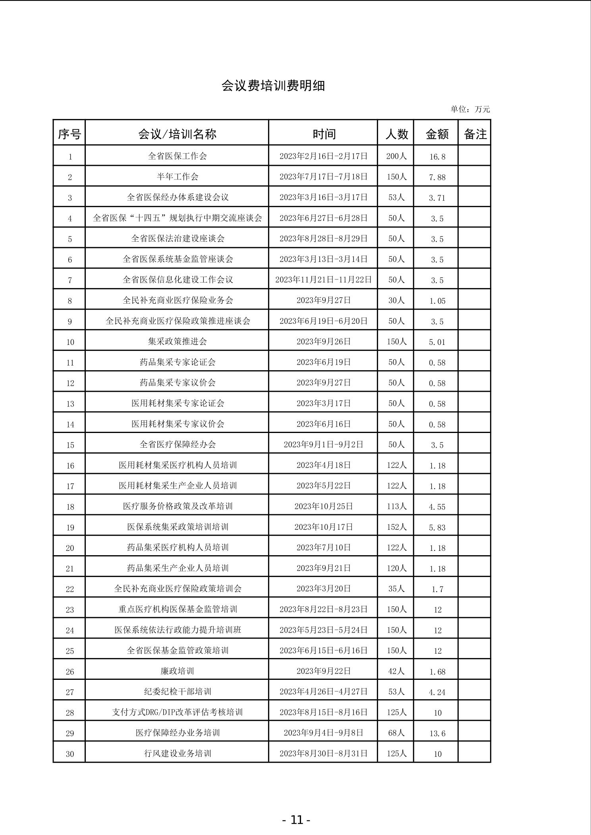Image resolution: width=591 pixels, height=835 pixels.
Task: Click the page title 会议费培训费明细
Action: click(273, 86)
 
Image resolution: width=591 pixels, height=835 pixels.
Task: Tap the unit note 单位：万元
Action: click(470, 109)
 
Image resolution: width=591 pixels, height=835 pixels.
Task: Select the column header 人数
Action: click(396, 134)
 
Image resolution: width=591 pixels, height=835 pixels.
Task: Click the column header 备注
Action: click(475, 134)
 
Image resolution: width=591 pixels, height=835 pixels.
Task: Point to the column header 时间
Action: click(324, 134)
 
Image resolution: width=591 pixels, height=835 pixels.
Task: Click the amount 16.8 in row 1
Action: click(437, 156)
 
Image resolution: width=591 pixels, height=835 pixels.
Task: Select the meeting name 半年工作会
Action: click(177, 177)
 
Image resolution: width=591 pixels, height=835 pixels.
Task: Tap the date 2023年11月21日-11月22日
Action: click(323, 280)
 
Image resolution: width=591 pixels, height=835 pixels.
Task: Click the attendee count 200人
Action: click(396, 156)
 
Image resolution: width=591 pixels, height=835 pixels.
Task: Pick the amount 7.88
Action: click(437, 177)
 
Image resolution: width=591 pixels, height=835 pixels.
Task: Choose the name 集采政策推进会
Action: click(177, 341)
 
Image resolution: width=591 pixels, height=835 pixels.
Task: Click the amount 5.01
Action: click(437, 342)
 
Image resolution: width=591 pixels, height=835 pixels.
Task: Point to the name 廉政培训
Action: click(177, 671)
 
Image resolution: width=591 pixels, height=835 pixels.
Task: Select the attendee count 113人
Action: click(396, 506)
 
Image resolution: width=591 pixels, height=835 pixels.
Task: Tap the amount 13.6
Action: click(437, 733)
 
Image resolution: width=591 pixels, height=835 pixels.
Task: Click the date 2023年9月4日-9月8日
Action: click(323, 733)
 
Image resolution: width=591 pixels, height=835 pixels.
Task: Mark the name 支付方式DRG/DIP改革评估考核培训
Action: click(177, 712)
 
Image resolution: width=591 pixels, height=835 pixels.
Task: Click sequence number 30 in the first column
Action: click(70, 754)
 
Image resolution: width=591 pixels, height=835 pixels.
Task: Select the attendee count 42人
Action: click(396, 671)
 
